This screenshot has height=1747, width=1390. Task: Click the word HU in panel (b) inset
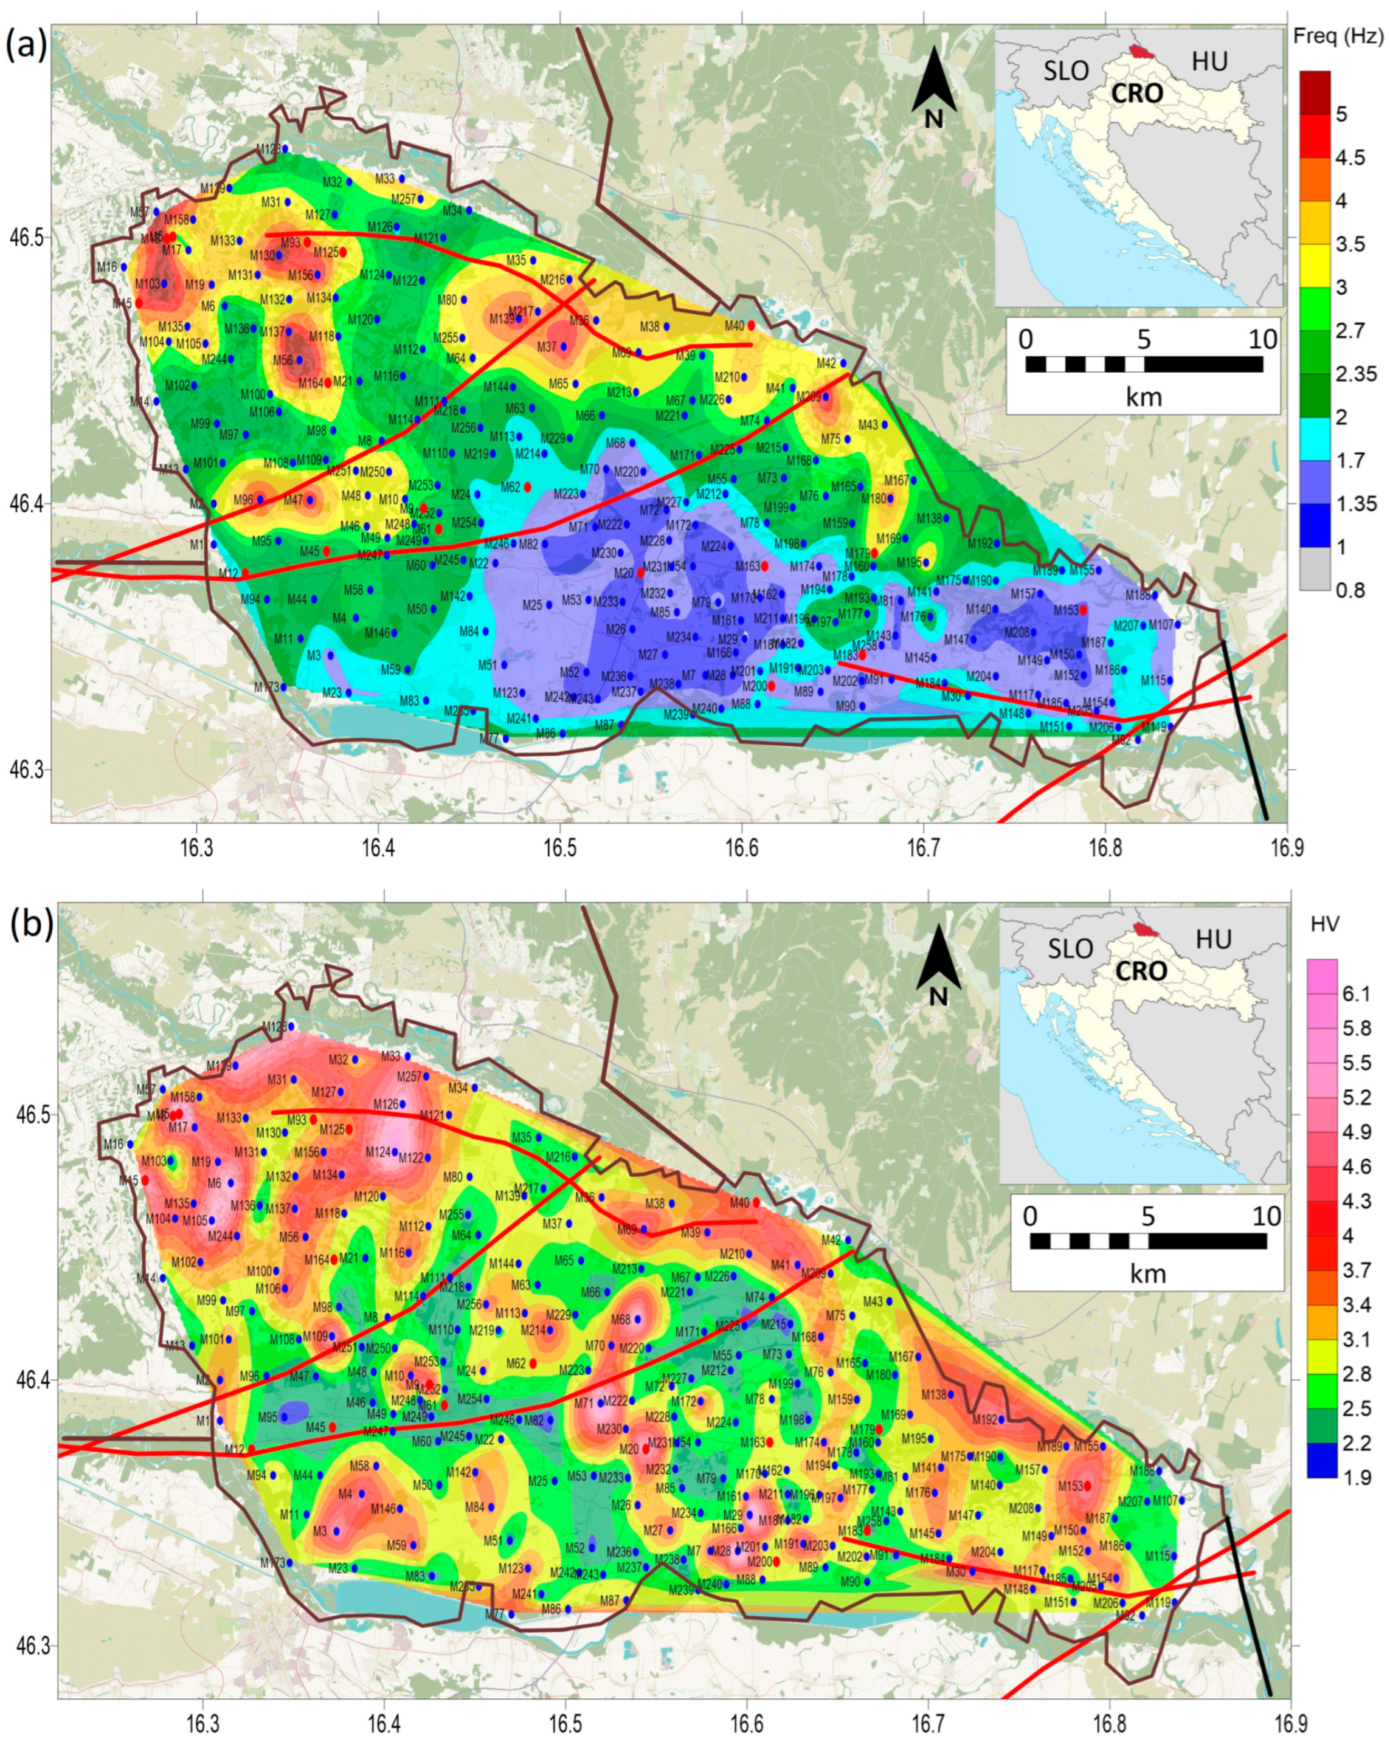[x=1212, y=940]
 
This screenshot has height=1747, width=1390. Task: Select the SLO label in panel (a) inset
[x=1066, y=71]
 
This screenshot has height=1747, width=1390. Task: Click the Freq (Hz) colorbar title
[x=1337, y=36]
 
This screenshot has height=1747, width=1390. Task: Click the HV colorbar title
[x=1324, y=924]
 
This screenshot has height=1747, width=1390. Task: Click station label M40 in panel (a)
[x=733, y=326]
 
